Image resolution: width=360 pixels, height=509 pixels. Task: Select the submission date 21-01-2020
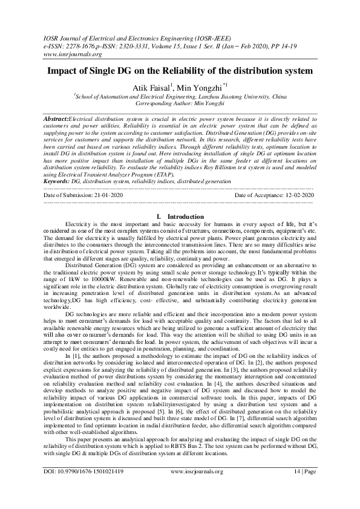(x=104, y=196)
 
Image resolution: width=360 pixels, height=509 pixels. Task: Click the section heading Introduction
(x=185, y=216)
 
